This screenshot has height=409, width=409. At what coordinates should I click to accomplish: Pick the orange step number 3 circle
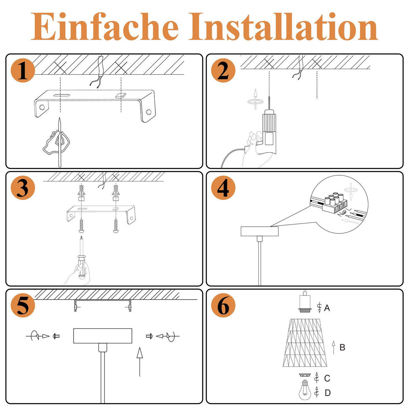click(23, 188)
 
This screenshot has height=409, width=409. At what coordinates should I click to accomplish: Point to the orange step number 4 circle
click(223, 188)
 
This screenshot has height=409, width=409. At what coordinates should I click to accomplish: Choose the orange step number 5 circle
click(23, 306)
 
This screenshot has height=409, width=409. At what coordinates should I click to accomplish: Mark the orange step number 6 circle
click(223, 306)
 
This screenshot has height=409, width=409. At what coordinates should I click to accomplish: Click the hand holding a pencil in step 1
click(56, 141)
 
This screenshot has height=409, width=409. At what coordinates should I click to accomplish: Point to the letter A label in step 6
click(327, 308)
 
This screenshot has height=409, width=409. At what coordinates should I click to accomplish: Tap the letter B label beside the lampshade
click(342, 347)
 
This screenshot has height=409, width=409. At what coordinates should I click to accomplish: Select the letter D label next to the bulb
click(327, 393)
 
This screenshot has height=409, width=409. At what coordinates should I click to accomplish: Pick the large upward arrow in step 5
click(139, 361)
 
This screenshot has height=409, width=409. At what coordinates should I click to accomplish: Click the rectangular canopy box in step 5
click(103, 336)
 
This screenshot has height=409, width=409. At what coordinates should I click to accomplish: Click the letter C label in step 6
click(327, 378)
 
